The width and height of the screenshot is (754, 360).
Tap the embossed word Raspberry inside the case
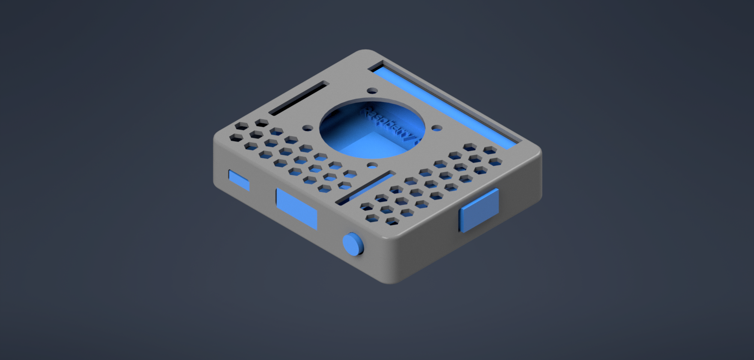click(388, 124)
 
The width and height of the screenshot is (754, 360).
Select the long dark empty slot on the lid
click(298, 99)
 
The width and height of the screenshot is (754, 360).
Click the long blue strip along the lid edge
click(446, 107)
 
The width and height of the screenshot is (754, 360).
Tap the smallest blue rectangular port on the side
click(239, 180)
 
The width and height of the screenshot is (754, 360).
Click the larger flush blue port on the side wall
click(296, 208)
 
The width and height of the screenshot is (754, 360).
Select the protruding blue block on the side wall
click(479, 210)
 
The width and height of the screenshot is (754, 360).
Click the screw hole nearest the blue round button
click(372, 165)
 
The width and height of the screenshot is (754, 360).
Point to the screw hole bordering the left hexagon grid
click(308, 128)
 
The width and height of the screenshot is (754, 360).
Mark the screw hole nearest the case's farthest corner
click(372, 90)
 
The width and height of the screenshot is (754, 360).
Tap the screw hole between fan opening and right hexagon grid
click(437, 128)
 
